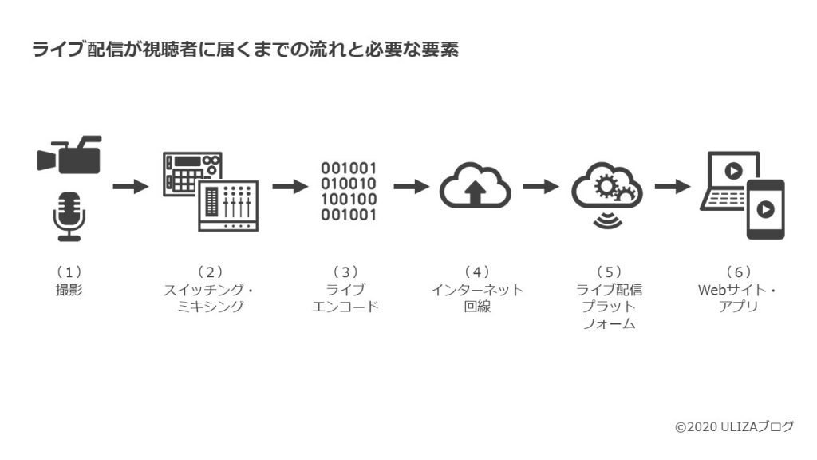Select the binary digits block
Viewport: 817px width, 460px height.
click(x=348, y=192)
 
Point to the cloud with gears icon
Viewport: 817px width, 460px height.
click(x=607, y=194)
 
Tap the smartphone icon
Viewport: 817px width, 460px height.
click(x=765, y=210)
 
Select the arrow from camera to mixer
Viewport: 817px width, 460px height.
click(x=131, y=186)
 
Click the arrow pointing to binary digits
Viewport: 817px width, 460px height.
click(x=290, y=186)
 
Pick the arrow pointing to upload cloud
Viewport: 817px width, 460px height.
click(x=412, y=186)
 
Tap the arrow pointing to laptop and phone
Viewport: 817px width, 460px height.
click(x=673, y=186)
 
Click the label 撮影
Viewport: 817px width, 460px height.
click(x=69, y=290)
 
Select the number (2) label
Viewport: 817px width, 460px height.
click(x=210, y=272)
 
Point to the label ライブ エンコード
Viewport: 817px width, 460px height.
click(x=345, y=299)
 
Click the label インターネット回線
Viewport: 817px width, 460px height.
click(x=477, y=299)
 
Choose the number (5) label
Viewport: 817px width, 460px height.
click(x=609, y=272)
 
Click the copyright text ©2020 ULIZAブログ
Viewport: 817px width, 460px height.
click(x=734, y=427)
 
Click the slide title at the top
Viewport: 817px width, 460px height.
click(x=246, y=50)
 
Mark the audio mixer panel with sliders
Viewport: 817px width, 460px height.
click(x=228, y=206)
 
